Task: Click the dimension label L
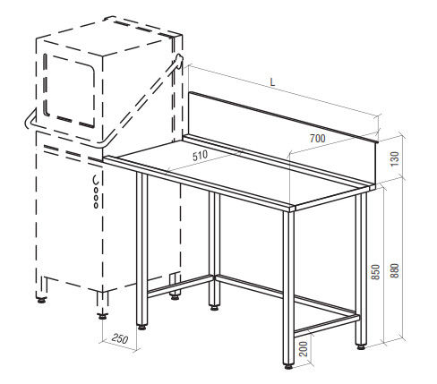(x=272, y=82)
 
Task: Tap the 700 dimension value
(x=318, y=139)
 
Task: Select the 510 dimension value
(x=200, y=156)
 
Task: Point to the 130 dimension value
(x=394, y=158)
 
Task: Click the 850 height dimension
(x=375, y=272)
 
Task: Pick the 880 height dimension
(x=394, y=270)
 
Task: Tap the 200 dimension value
(x=304, y=348)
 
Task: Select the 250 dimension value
(x=120, y=338)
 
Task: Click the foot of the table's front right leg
(x=288, y=366)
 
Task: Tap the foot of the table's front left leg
(x=142, y=328)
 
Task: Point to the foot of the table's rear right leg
(x=361, y=346)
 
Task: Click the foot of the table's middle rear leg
(x=214, y=307)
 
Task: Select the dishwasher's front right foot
(x=102, y=316)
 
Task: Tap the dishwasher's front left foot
(x=41, y=300)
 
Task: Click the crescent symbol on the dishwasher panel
(x=96, y=180)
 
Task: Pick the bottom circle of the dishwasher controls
(x=96, y=205)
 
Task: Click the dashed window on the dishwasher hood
(x=69, y=90)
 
